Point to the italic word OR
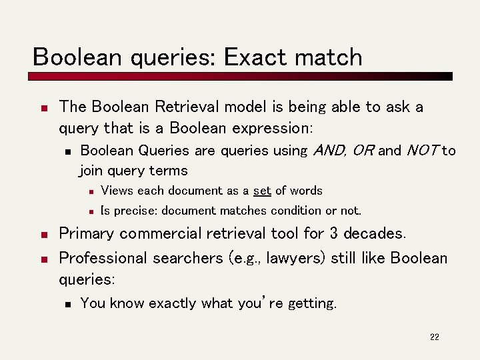[363, 151]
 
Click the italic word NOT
[422, 151]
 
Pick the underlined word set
[262, 191]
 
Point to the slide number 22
[435, 337]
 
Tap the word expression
[274, 127]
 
